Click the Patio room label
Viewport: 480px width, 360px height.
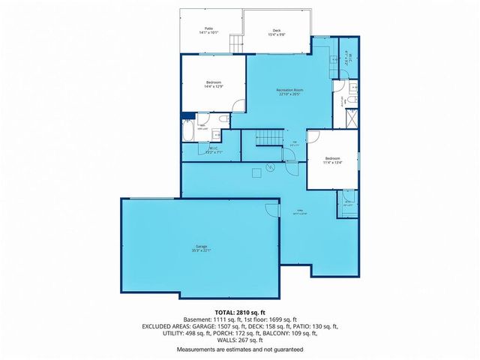pyautogui.click(x=208, y=28)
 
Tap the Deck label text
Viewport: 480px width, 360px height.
pyautogui.click(x=276, y=31)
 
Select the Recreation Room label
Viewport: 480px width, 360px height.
pyautogui.click(x=289, y=90)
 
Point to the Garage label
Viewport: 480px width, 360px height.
pyautogui.click(x=201, y=246)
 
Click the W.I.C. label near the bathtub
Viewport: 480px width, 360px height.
pyautogui.click(x=213, y=148)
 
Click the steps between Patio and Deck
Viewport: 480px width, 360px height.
pyautogui.click(x=236, y=43)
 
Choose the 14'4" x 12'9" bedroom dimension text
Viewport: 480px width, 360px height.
pyautogui.click(x=214, y=86)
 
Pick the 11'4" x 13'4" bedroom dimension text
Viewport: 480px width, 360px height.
pyautogui.click(x=332, y=162)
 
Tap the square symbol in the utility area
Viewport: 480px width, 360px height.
pyautogui.click(x=258, y=172)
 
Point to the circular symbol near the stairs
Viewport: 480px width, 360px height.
pyautogui.click(x=268, y=167)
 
